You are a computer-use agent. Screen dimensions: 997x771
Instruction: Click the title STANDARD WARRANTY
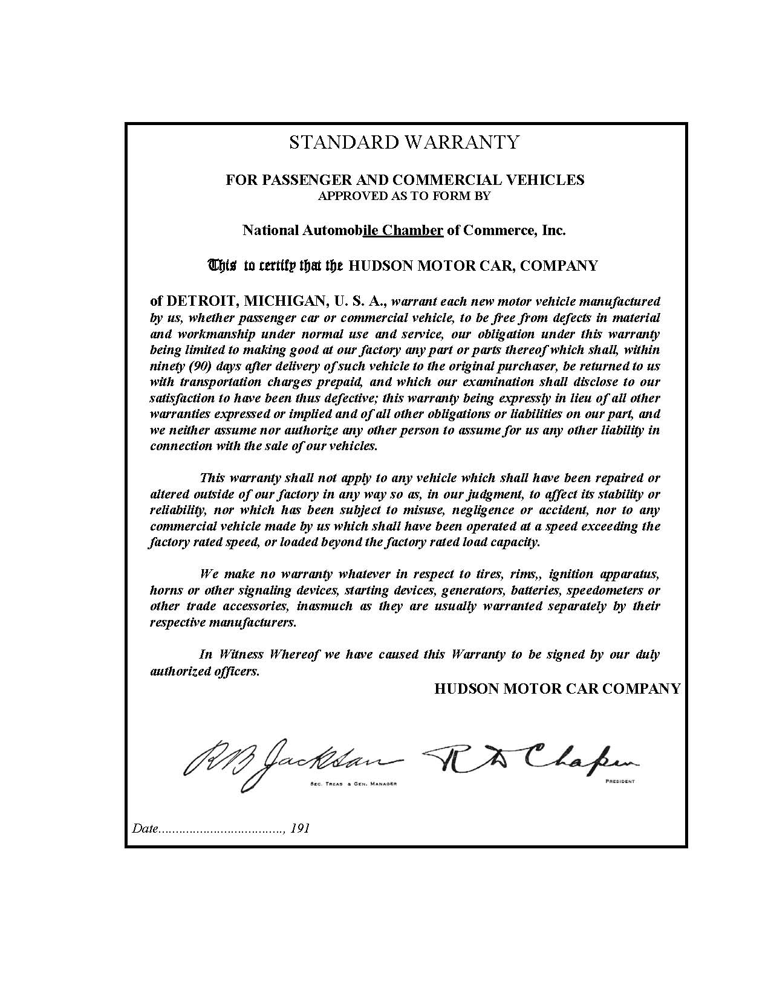[404, 143]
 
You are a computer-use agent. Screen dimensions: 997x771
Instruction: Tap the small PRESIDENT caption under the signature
[619, 782]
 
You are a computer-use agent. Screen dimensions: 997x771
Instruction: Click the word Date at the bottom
[145, 828]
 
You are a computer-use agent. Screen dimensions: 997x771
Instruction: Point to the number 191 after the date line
[300, 828]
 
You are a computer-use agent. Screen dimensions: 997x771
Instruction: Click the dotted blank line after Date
[221, 829]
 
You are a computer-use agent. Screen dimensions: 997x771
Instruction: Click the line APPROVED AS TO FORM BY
[404, 196]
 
